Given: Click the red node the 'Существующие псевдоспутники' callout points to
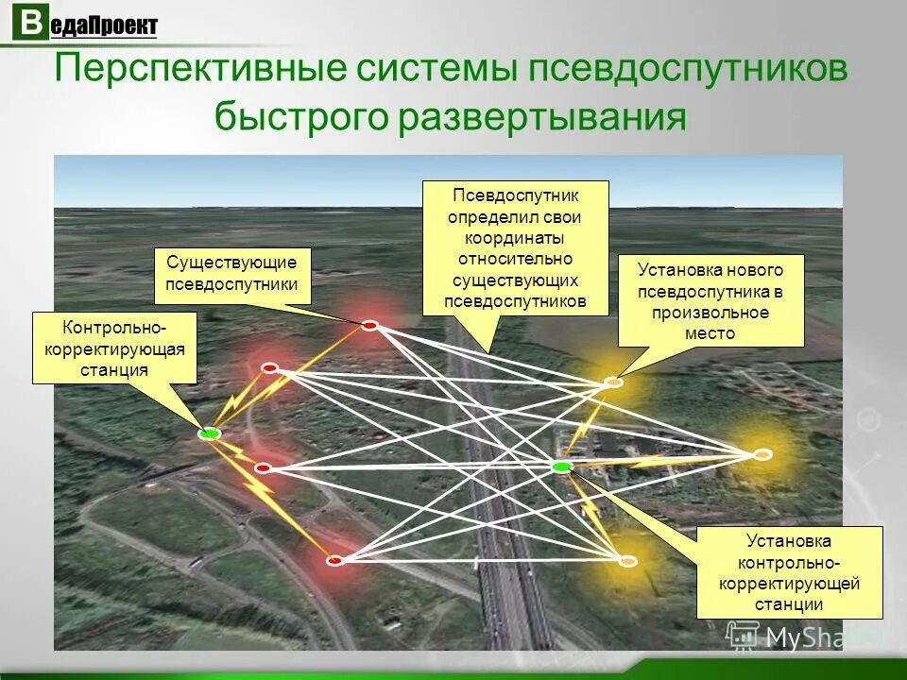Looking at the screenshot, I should pyautogui.click(x=369, y=326).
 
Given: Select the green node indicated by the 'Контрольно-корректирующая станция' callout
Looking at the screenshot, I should pyautogui.click(x=210, y=433).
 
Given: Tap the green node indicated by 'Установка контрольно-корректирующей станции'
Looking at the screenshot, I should pyautogui.click(x=562, y=467).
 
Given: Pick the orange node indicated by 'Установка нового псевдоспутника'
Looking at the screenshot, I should pyautogui.click(x=613, y=382).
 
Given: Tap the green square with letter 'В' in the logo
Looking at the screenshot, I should pyautogui.click(x=31, y=24).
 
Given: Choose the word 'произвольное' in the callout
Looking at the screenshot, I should pyautogui.click(x=710, y=313).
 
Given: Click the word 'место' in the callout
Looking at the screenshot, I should pyautogui.click(x=710, y=333).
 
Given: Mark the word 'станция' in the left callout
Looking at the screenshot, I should pyautogui.click(x=114, y=370).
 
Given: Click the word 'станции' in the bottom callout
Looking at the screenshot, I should pyautogui.click(x=789, y=604).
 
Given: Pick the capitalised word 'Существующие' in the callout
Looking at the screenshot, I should pyautogui.click(x=231, y=262).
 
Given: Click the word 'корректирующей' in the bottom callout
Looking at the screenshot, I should pyautogui.click(x=789, y=584).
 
